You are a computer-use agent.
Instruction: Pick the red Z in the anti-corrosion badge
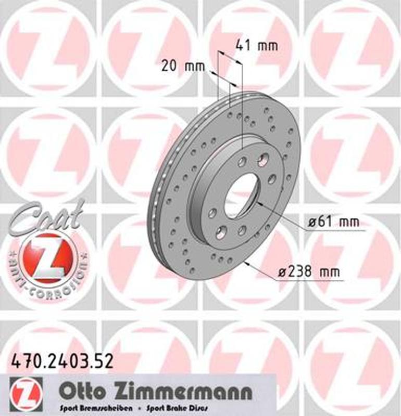tap(48, 256)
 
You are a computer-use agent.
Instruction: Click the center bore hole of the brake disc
tap(241, 196)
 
